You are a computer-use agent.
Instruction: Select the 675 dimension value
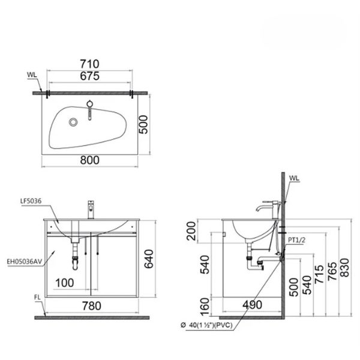tap(90, 76)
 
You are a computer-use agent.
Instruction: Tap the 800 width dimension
tap(90, 161)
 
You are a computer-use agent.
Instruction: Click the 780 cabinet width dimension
tap(91, 305)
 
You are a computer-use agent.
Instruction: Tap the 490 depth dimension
tap(252, 305)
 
